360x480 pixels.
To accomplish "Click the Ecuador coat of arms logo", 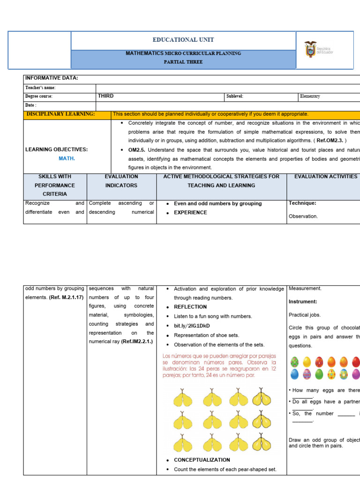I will [310, 49].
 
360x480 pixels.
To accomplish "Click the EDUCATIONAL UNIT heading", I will [183, 40].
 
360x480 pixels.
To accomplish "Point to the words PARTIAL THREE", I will [183, 62].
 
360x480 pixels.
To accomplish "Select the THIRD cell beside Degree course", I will [106, 96].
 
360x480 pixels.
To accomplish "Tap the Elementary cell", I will [310, 96].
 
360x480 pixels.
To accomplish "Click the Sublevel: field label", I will [235, 96].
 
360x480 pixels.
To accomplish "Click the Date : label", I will [31, 105].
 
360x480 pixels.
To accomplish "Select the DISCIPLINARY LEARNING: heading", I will [60, 114].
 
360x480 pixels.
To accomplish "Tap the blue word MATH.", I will [67, 158].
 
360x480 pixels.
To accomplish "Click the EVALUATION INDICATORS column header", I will [121, 181].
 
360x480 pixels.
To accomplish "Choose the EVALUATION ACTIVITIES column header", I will [326, 177].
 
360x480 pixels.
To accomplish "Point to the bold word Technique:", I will [302, 203].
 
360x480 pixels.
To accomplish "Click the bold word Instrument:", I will [303, 302].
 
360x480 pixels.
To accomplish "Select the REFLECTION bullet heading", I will [190, 307].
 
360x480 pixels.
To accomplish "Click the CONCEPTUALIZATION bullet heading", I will [202, 460].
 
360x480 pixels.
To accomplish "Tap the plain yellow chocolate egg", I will [307, 361].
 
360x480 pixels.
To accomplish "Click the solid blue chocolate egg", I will [294, 374].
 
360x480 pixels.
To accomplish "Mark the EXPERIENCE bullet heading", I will [190, 212].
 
